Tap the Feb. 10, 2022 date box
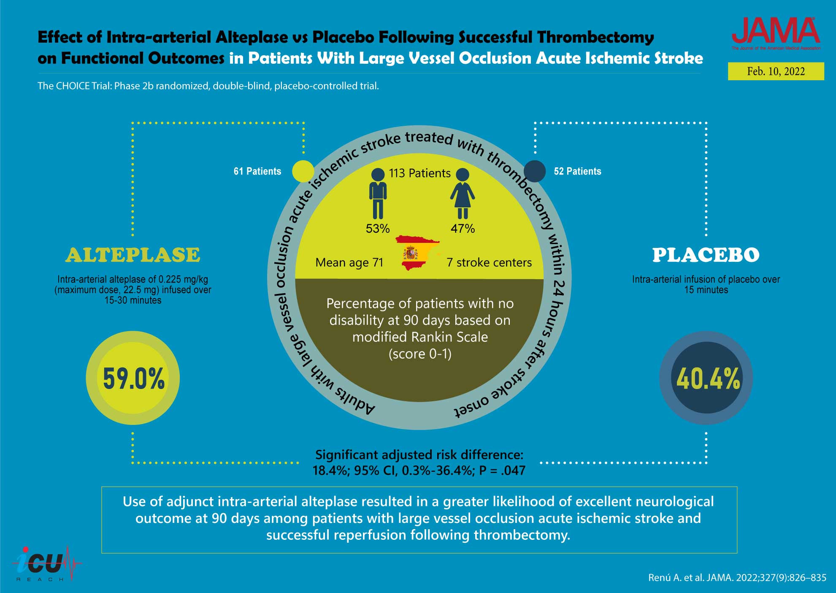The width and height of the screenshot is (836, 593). click(x=776, y=71)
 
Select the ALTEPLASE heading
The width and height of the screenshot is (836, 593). click(x=133, y=255)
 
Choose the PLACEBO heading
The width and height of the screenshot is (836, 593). click(x=706, y=255)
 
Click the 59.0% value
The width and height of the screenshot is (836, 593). click(x=133, y=378)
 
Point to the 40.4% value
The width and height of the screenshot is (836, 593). click(x=708, y=378)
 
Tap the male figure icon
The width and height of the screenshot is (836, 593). click(x=378, y=194)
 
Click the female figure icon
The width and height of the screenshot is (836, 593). click(x=463, y=194)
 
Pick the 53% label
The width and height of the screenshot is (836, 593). click(x=378, y=228)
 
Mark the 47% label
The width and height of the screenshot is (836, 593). click(x=463, y=228)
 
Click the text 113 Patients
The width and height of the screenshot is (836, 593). click(x=419, y=173)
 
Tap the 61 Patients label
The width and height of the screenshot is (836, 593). click(x=257, y=171)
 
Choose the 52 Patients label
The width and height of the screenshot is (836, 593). click(x=577, y=171)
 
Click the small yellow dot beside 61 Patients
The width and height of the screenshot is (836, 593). click(x=303, y=171)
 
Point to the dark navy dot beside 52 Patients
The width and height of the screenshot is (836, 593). click(x=534, y=171)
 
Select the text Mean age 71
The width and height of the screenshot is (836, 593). click(x=349, y=263)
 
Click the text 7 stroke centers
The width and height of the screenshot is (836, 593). click(x=489, y=263)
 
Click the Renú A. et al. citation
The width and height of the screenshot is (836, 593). click(x=737, y=577)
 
